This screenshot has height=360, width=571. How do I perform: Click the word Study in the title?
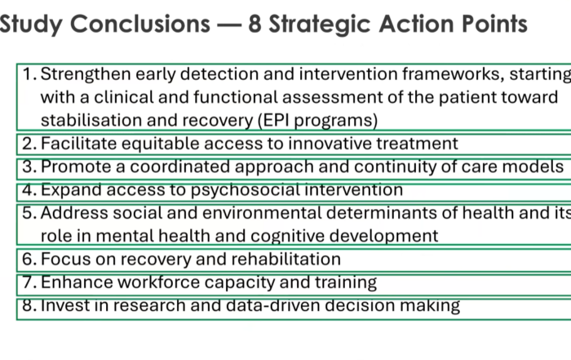point(31,24)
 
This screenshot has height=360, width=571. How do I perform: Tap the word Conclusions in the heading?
point(140,24)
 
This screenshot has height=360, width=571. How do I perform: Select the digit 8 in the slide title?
point(255,24)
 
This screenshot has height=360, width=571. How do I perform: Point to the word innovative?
point(330,144)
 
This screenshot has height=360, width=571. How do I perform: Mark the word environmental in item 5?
point(262,213)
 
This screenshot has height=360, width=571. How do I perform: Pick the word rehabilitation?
point(285,259)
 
